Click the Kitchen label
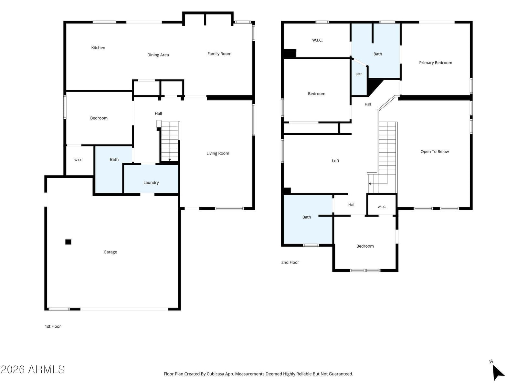[98, 48]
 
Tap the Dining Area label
[158, 55]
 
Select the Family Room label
[219, 54]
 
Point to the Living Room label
[218, 154]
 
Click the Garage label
[110, 252]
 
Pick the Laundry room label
[151, 183]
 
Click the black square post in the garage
[68, 242]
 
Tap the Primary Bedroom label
[436, 63]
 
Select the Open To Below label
[435, 152]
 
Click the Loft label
[335, 161]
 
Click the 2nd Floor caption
[290, 263]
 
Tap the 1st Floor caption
[53, 326]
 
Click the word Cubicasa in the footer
[214, 374]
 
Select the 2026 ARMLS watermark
[33, 370]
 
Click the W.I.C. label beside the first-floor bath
[79, 160]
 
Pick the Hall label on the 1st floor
[158, 114]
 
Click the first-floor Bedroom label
[99, 118]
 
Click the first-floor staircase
[170, 142]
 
